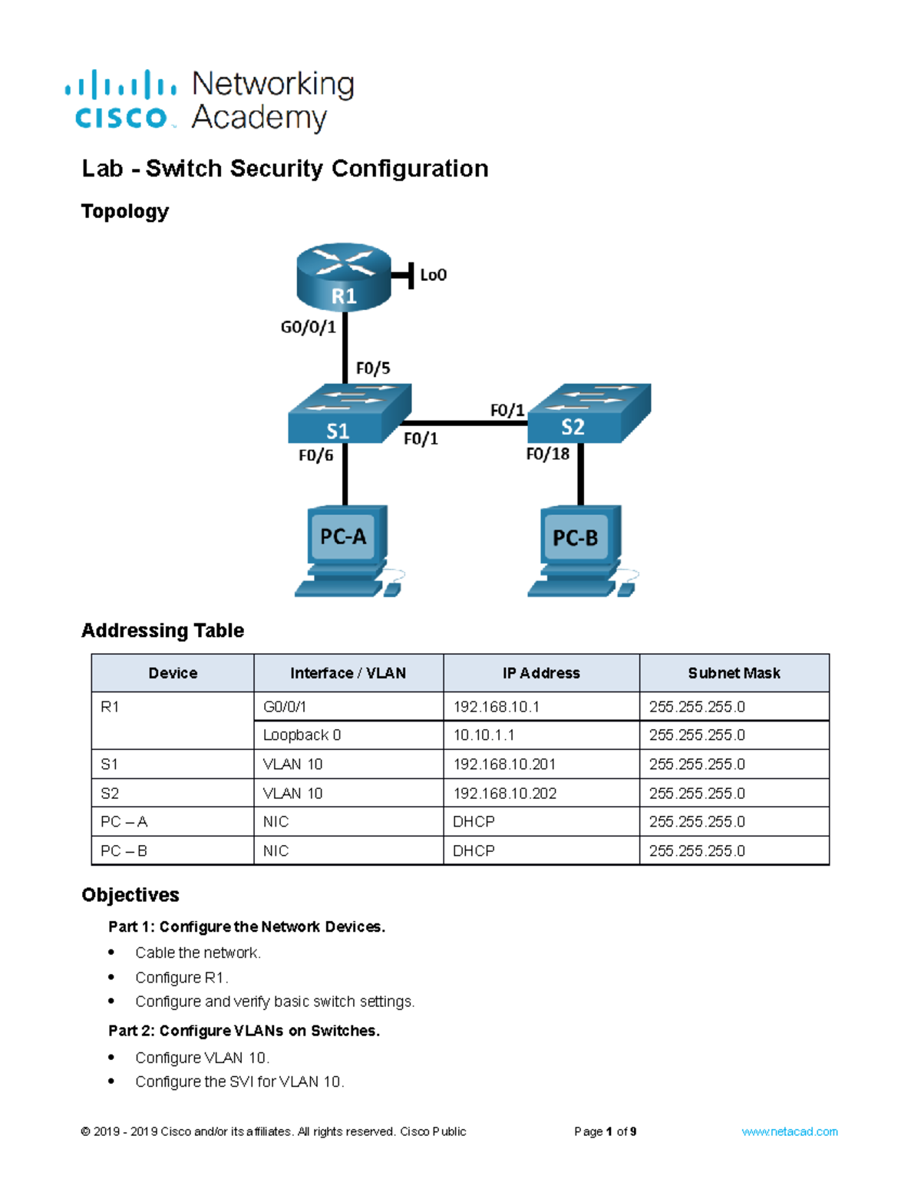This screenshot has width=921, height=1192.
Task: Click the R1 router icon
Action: pyautogui.click(x=343, y=277)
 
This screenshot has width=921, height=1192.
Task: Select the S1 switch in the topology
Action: pyautogui.click(x=349, y=414)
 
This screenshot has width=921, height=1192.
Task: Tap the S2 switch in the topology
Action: pyautogui.click(x=589, y=414)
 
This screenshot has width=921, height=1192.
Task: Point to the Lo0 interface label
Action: pyautogui.click(x=433, y=275)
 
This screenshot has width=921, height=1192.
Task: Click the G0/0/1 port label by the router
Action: pyautogui.click(x=308, y=328)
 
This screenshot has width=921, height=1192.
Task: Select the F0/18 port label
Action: pyautogui.click(x=547, y=454)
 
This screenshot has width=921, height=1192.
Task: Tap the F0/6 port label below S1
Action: pyautogui.click(x=315, y=456)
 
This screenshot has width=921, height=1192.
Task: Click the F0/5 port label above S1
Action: pyautogui.click(x=373, y=368)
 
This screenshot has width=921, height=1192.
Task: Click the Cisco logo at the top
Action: pyautogui.click(x=121, y=101)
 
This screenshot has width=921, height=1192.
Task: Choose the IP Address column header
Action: pyautogui.click(x=541, y=673)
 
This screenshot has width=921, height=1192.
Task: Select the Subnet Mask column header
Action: pyautogui.click(x=734, y=673)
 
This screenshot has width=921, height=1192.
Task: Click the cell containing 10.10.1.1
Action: pyautogui.click(x=484, y=735)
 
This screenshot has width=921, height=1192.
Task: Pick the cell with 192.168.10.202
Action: pyautogui.click(x=504, y=794)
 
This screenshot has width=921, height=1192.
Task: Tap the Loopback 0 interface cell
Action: pyautogui.click(x=302, y=735)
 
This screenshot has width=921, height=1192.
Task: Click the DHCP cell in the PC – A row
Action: pyautogui.click(x=474, y=822)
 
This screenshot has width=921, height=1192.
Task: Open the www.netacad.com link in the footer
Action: pyautogui.click(x=789, y=1131)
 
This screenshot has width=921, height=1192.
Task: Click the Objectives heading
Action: pyautogui.click(x=130, y=895)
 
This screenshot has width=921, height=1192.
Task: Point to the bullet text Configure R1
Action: pyautogui.click(x=181, y=978)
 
